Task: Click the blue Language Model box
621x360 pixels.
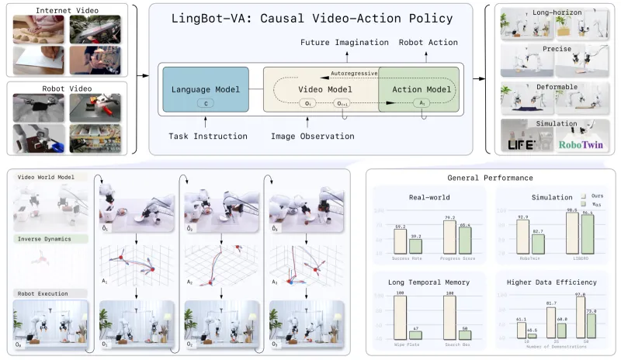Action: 206,92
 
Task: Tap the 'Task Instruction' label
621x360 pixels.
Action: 208,137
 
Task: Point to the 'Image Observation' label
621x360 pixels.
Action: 313,137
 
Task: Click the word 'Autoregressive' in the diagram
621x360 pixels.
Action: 355,73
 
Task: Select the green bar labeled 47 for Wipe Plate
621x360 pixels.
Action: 416,334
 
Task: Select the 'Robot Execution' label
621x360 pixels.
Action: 45,294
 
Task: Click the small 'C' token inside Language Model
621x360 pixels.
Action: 205,103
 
